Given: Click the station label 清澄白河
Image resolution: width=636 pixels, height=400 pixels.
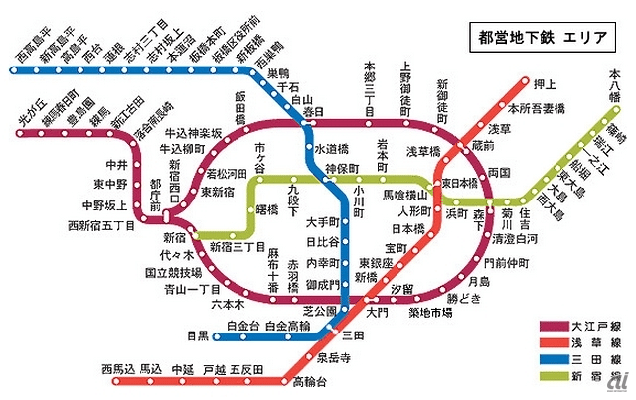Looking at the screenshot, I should tap(515, 240).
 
